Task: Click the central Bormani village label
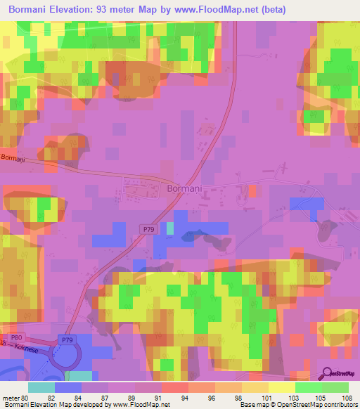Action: click(186, 188)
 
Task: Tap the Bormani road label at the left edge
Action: click(13, 160)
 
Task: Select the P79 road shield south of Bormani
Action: click(147, 229)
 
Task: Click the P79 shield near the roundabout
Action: click(67, 341)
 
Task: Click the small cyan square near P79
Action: click(170, 228)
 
